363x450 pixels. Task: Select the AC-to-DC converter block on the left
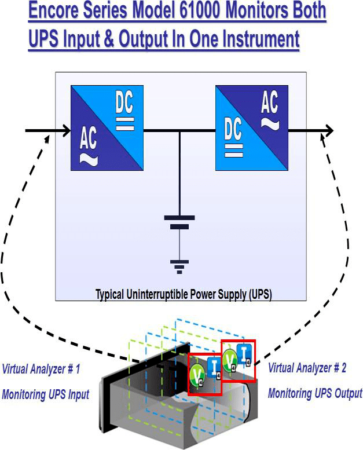[107, 128]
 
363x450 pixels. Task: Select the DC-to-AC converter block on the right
[252, 128]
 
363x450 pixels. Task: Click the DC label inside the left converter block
[124, 105]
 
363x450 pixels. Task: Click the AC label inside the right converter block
[269, 104]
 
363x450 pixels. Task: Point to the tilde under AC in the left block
[88, 159]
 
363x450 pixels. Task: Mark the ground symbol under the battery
[179, 266]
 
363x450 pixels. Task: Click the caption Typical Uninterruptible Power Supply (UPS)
[184, 294]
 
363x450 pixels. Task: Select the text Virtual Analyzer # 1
[41, 368]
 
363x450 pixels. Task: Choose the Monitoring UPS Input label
[45, 394]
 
